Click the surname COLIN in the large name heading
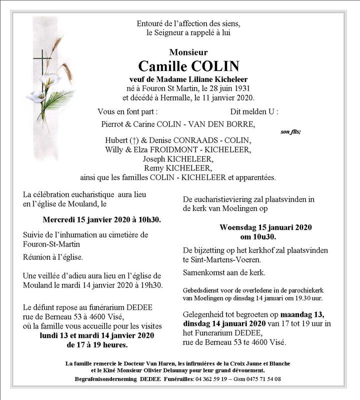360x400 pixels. pyautogui.click(x=215, y=66)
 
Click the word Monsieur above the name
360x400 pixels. pyautogui.click(x=188, y=52)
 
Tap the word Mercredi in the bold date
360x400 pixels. pyautogui.click(x=60, y=219)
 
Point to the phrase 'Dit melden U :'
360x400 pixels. pyautogui.click(x=254, y=111)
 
